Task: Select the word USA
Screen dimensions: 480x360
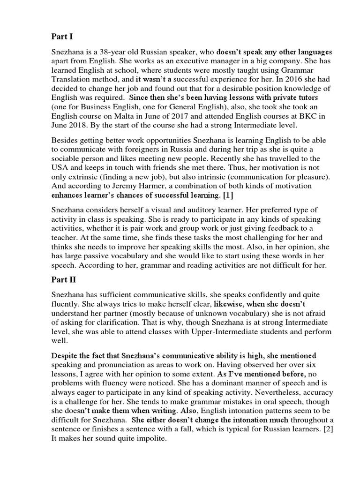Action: (x=61, y=168)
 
